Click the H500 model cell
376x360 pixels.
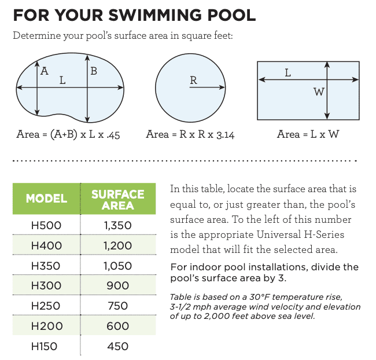click(x=46, y=225)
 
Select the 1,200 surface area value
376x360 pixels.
click(x=118, y=245)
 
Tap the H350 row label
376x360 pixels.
click(x=46, y=266)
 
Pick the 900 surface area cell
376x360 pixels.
click(x=118, y=285)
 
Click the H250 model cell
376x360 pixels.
click(x=46, y=306)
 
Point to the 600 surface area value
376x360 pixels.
click(x=118, y=326)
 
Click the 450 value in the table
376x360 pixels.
click(x=118, y=346)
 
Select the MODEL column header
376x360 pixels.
click(x=46, y=199)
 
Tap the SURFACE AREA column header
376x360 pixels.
click(x=118, y=200)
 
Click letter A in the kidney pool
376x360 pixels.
click(x=45, y=71)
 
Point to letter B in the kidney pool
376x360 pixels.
click(x=94, y=71)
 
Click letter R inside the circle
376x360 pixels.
click(x=194, y=80)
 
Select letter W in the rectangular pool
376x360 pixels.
click(x=319, y=92)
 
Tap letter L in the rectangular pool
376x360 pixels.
click(x=287, y=73)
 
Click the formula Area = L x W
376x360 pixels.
click(x=308, y=134)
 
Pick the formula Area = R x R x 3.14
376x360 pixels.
click(x=190, y=134)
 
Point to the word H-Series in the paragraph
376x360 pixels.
click(x=324, y=234)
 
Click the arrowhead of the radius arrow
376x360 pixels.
click(x=223, y=87)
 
